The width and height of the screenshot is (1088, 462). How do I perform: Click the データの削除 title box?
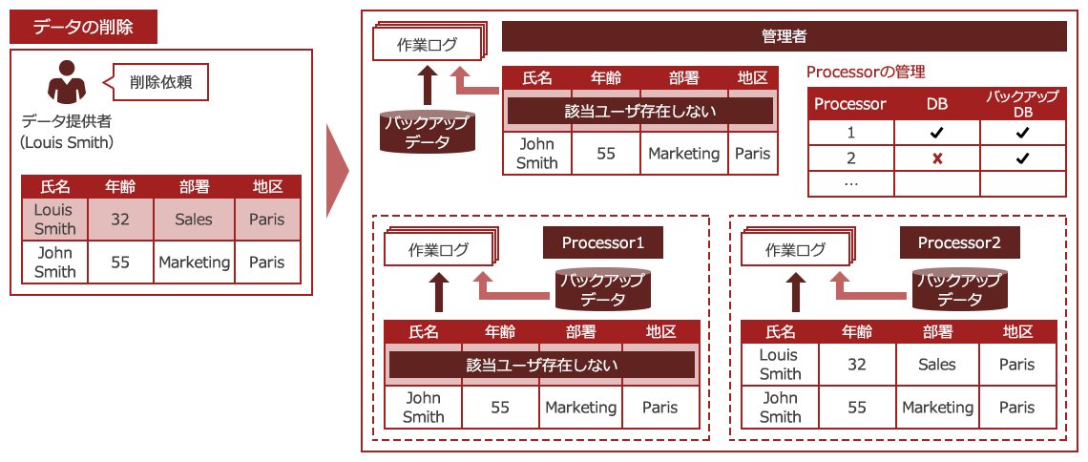[x=83, y=28]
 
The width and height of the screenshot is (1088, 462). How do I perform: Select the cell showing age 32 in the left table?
[x=120, y=220]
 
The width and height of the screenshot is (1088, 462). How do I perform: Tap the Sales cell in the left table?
[x=194, y=220]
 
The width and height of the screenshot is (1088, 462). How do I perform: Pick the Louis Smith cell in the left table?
[x=54, y=220]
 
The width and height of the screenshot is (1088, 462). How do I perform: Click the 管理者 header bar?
[x=784, y=37]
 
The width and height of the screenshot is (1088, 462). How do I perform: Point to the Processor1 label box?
[x=602, y=243]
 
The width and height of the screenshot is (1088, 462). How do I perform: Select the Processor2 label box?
[x=959, y=243]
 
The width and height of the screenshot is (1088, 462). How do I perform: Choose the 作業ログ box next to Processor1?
[x=439, y=251]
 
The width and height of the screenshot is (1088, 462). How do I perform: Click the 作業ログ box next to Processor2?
[x=795, y=251]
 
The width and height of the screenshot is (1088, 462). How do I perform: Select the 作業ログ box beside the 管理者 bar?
[x=427, y=45]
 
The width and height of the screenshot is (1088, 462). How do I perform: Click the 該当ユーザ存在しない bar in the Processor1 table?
[x=541, y=365]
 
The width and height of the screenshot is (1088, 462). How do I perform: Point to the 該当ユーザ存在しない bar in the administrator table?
[x=640, y=111]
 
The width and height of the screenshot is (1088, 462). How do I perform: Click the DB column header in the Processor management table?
[x=936, y=104]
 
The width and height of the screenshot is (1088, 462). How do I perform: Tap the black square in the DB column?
[x=936, y=133]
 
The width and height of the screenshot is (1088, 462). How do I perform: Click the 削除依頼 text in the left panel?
[x=161, y=82]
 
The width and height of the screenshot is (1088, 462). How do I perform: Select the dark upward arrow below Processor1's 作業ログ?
[x=439, y=292]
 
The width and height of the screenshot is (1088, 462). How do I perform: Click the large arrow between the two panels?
[x=338, y=170]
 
